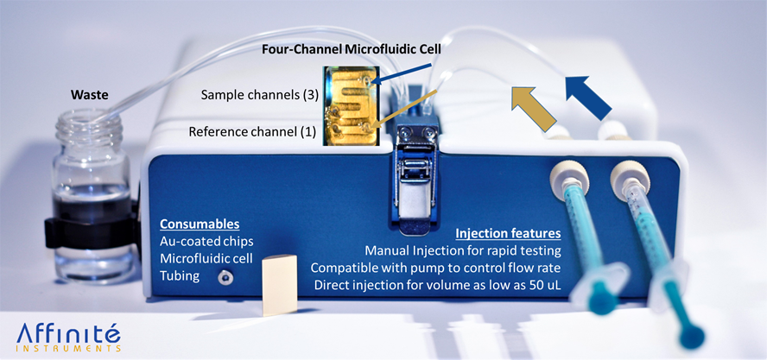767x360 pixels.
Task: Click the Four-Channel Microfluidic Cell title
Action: point(352,49)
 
